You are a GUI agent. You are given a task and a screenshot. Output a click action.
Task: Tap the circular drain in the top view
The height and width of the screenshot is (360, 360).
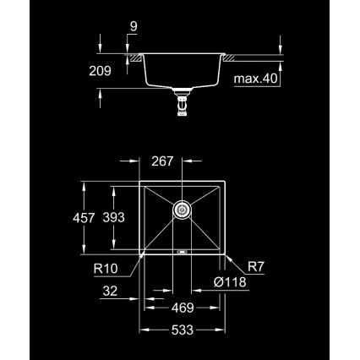click(182, 207)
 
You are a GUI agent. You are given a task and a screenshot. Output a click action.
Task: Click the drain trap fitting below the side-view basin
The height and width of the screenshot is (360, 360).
click(181, 104)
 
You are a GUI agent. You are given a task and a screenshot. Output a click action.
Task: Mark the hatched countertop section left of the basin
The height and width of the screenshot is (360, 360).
click(134, 57)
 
